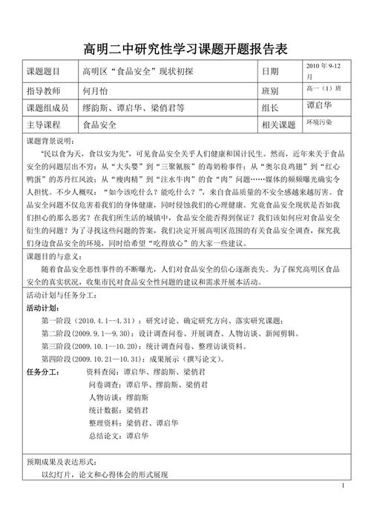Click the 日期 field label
point(270,73)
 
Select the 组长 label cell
point(270,107)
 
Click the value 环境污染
point(319,122)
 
